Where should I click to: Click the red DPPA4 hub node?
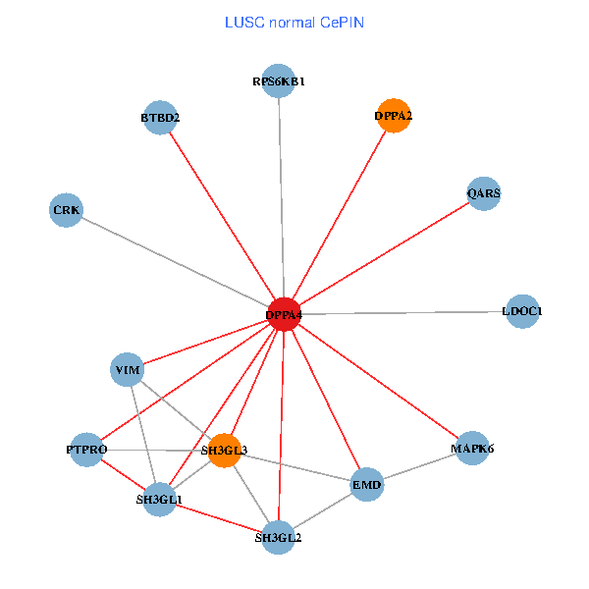(284, 314)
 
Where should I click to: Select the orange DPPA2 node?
(393, 116)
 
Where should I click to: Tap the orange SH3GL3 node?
(225, 451)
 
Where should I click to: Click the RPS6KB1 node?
(279, 81)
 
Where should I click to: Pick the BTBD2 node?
(159, 119)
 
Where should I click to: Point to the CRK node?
(67, 210)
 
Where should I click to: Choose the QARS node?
(484, 193)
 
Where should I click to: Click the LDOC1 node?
(521, 311)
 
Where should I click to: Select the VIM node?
(129, 370)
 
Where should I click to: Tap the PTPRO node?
(86, 449)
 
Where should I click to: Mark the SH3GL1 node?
(159, 499)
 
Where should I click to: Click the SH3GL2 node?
(279, 537)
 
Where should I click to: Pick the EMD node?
(366, 485)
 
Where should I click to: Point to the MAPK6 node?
(472, 449)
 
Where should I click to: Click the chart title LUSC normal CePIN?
(294, 22)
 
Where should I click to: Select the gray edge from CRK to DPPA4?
(175, 262)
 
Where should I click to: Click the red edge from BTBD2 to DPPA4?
(221, 216)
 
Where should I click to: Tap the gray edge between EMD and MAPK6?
(419, 466)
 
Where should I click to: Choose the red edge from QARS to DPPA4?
(384, 253)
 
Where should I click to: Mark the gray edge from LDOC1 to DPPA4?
(402, 312)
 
